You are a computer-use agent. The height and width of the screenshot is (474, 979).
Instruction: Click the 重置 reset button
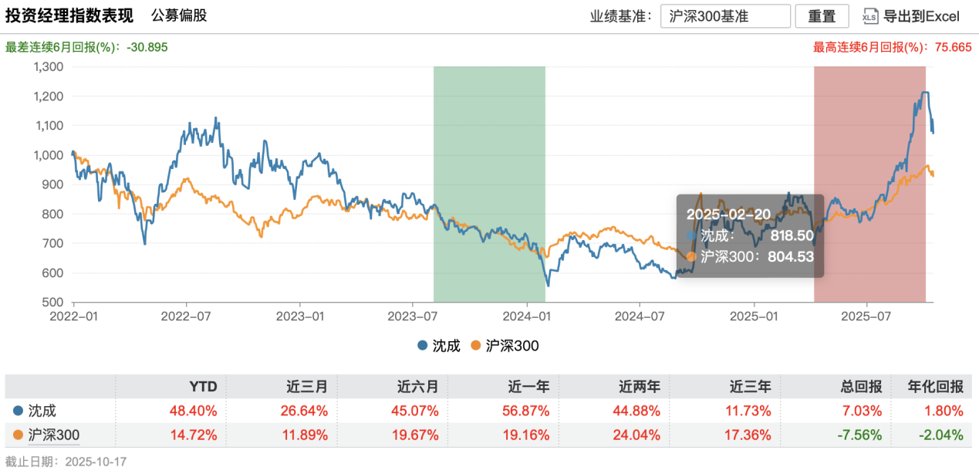pos(822,16)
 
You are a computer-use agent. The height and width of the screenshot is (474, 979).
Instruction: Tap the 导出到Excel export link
pos(910,16)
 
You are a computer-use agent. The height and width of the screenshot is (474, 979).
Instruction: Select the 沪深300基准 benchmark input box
pos(725,16)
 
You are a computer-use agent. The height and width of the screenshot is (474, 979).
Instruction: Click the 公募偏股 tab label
pos(179,15)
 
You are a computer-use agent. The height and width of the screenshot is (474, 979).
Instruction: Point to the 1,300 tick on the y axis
pos(49,66)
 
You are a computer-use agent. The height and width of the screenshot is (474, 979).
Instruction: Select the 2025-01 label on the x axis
pos(754,317)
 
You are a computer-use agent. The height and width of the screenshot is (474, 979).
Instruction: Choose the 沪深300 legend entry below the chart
pos(505,346)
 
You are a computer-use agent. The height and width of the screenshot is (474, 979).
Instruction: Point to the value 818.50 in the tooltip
pos(792,235)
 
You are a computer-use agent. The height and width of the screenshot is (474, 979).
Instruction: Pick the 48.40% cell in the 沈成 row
pos(196,411)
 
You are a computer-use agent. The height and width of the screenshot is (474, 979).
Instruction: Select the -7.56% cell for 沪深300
pos(859,435)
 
